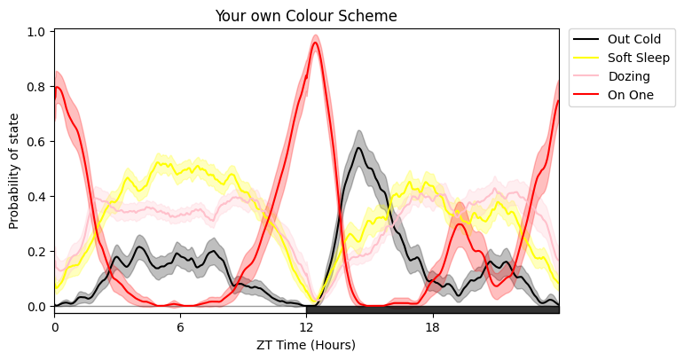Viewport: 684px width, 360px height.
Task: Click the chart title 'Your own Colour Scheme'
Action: (306, 16)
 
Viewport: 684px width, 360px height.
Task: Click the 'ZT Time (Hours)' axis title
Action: (306, 344)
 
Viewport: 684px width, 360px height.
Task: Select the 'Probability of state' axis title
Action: (15, 171)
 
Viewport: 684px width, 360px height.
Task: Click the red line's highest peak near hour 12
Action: (315, 43)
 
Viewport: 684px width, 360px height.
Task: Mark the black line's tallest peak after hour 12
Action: (358, 148)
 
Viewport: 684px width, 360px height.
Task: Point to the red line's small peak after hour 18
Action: (459, 223)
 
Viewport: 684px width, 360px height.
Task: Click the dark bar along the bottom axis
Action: (432, 309)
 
